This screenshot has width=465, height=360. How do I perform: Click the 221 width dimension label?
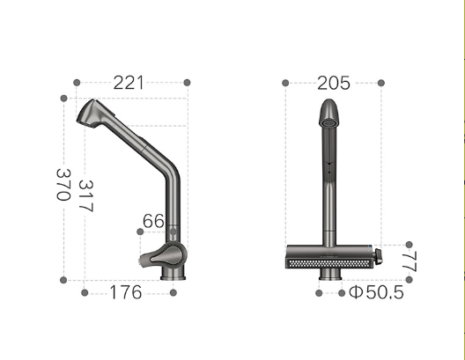point(129,83)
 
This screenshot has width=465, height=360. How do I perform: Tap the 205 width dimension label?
point(334,83)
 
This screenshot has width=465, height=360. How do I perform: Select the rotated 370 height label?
point(63,185)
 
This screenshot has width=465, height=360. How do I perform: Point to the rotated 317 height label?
point(86,196)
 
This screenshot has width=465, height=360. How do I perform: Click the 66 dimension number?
point(153,221)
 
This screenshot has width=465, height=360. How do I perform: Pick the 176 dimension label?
point(126,292)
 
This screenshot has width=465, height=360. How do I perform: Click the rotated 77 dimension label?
point(410,261)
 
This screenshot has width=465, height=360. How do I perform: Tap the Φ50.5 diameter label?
point(376,292)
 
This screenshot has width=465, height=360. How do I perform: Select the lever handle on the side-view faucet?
point(162,257)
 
